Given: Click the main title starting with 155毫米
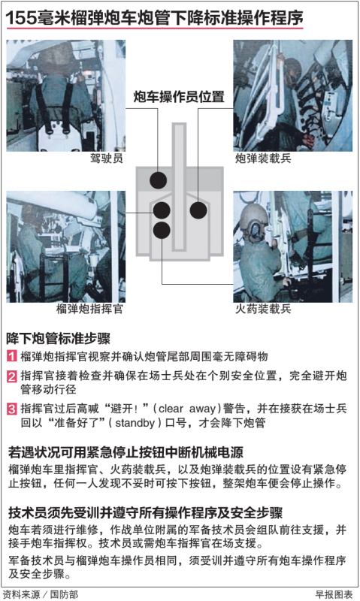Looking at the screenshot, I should click(x=154, y=16).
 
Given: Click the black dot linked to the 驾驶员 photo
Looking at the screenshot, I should click(x=158, y=180).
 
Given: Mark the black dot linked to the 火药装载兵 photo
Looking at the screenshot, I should click(x=162, y=229).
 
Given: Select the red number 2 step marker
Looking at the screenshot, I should click(x=12, y=376).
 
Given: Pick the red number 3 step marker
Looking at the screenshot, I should click(x=12, y=409).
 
